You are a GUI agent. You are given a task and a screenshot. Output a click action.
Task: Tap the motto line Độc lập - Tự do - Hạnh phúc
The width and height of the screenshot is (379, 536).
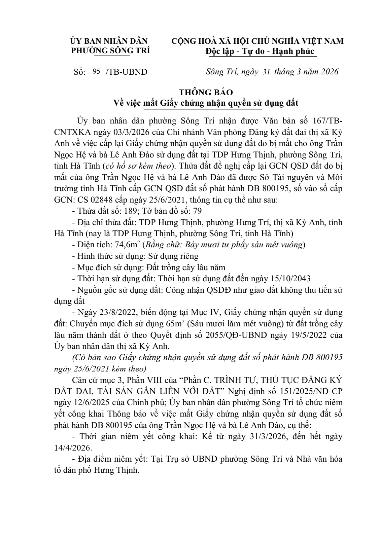click(260, 51)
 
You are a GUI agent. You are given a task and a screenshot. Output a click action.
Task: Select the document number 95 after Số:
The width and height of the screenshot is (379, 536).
click(96, 71)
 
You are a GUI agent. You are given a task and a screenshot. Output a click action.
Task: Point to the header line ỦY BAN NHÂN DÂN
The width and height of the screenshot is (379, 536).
click(109, 41)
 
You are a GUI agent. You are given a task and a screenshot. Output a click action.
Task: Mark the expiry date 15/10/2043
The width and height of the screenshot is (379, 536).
click(290, 279)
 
